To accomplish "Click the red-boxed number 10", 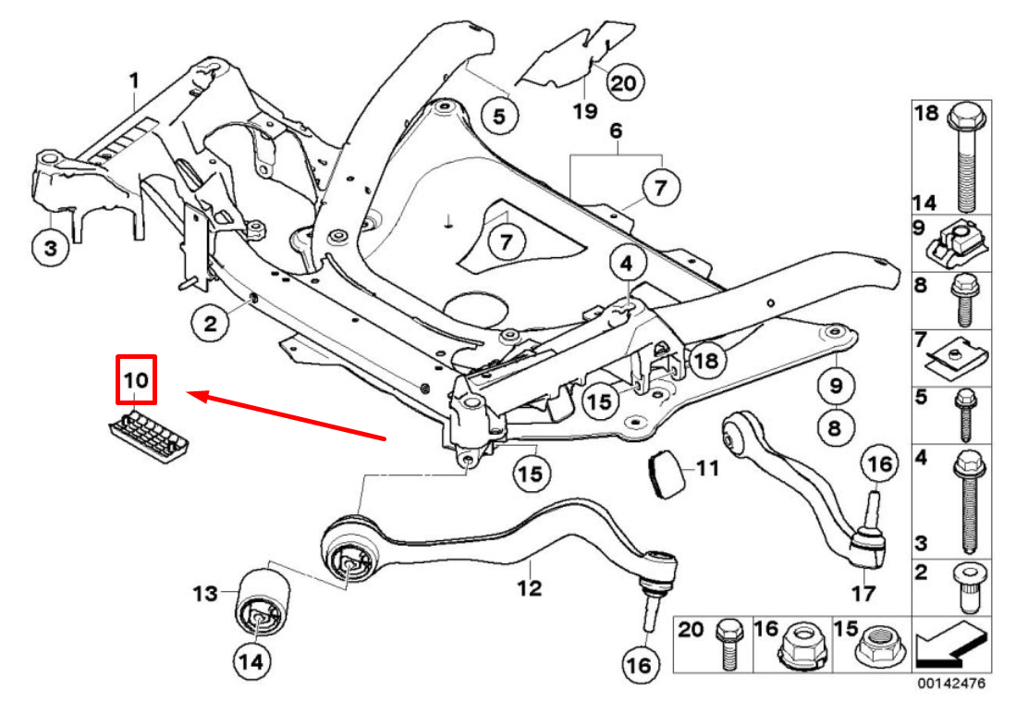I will click(x=136, y=379).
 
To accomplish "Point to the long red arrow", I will click(x=287, y=417).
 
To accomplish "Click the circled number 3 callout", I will click(x=50, y=248).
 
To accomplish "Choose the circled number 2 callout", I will click(x=211, y=323).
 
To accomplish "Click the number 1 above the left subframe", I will click(x=134, y=81).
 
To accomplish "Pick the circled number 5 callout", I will click(x=499, y=117).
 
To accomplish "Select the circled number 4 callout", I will click(x=627, y=265).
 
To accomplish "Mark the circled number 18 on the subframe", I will click(x=705, y=361).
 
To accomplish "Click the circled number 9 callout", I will click(x=835, y=383).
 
